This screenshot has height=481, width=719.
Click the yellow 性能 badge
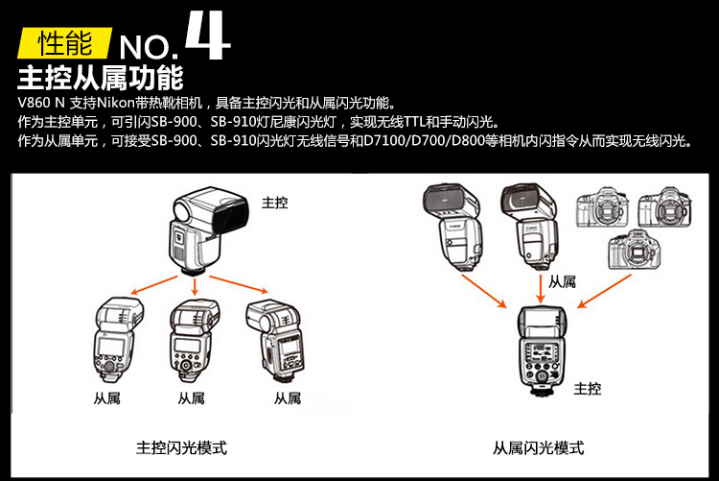click(65, 42)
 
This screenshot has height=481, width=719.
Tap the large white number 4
click(206, 36)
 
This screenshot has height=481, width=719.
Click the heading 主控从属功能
click(101, 76)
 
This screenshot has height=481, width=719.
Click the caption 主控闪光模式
click(182, 448)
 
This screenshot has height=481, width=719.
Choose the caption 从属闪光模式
click(539, 448)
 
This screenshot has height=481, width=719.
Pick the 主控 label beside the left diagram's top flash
click(274, 203)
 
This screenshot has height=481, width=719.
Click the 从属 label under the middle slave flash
click(192, 397)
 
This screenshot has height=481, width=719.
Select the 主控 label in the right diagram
click(588, 388)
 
